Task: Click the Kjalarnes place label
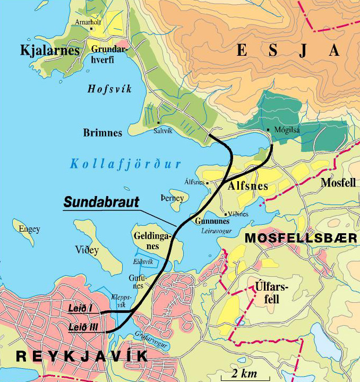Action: coord(42,50)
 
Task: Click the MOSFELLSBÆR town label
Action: coord(301,239)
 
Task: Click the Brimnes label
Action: coord(102,132)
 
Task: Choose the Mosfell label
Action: coord(338,183)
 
